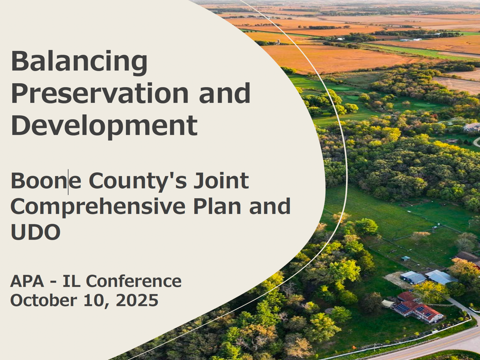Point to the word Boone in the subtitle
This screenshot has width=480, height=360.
click(46, 181)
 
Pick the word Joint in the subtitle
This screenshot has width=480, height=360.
click(221, 181)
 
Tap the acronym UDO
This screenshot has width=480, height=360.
click(36, 232)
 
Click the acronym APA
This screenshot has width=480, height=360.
click(27, 281)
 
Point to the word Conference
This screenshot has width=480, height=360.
click(134, 281)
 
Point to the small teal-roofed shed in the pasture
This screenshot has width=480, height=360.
click(405, 258)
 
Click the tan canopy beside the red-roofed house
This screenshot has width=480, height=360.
click(388, 303)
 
